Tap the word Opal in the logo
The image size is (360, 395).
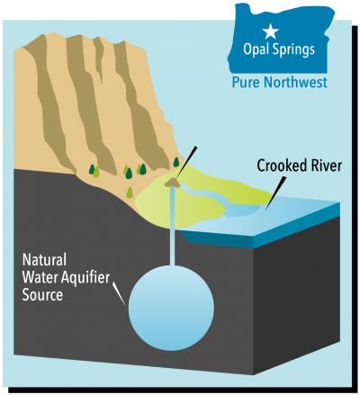coord(258,49)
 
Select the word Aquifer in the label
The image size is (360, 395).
coord(85,280)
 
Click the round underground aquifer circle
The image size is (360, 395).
coord(170,306)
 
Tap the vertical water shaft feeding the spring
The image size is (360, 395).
coord(170,225)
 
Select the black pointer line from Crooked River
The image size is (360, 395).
coord(275,188)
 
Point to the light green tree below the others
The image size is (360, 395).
coord(130,191)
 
